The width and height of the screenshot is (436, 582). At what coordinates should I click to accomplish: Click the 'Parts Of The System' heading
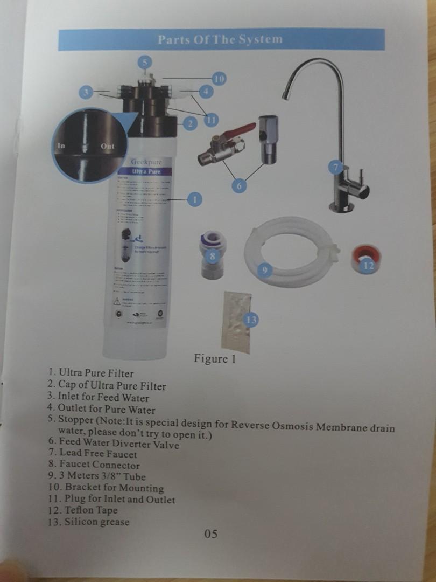[x=220, y=39]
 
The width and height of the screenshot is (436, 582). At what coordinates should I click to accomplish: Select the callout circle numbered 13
[x=251, y=320]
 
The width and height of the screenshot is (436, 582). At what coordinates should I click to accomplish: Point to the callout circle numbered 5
[x=145, y=61]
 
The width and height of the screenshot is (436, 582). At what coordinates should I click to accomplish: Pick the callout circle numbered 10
[x=219, y=79]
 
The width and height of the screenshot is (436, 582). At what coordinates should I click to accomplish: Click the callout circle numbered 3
[x=85, y=92]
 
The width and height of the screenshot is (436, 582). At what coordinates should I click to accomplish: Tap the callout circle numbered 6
[x=240, y=186]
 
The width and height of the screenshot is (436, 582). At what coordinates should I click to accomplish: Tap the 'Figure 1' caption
[x=215, y=359]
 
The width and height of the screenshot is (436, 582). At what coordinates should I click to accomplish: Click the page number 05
[x=210, y=533]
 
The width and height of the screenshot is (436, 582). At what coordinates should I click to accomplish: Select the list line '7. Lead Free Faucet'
[x=92, y=454]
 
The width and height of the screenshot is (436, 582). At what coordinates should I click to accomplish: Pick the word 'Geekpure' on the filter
[x=146, y=161]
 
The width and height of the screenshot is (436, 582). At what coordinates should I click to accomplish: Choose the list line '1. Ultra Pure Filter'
[x=90, y=372]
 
